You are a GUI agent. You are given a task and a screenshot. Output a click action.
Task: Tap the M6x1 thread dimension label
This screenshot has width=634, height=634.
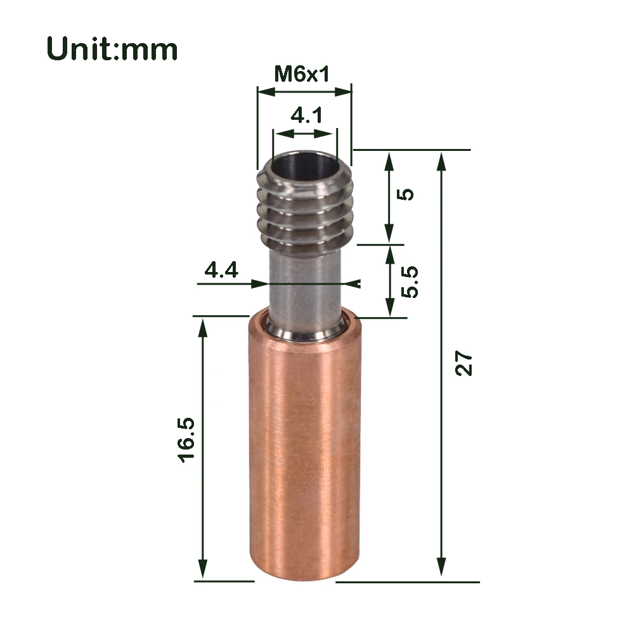pyautogui.click(x=302, y=75)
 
